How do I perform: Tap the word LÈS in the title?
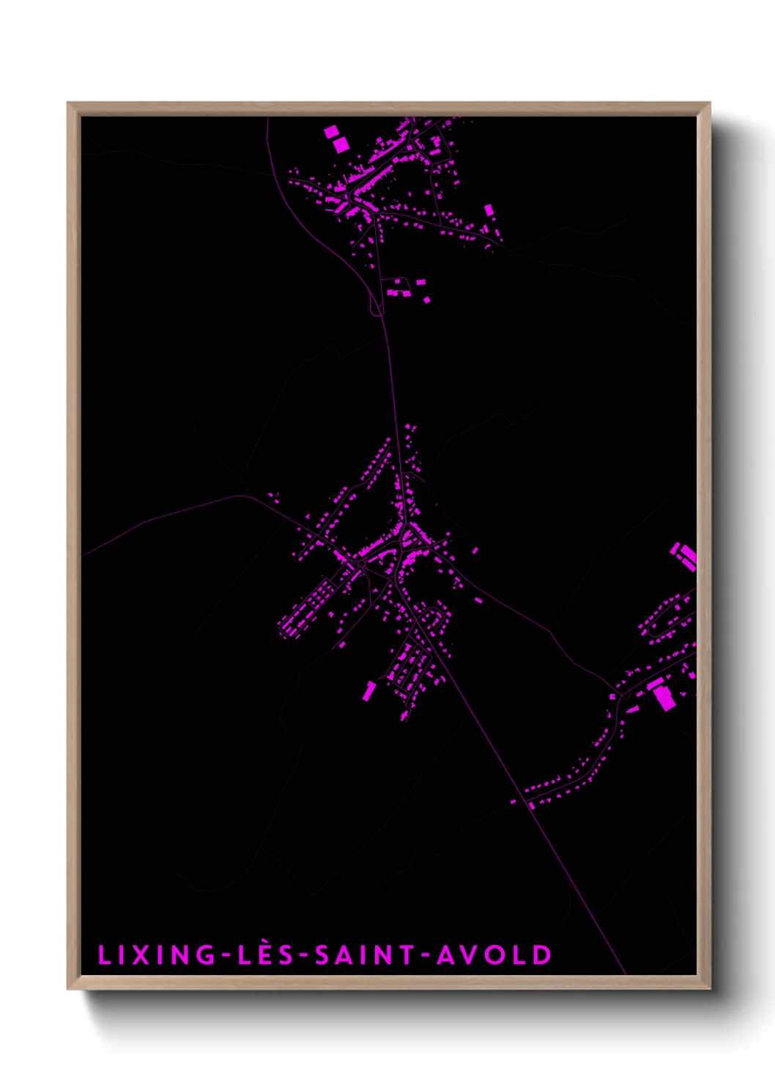[x=265, y=955]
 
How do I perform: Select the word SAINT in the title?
[x=364, y=955]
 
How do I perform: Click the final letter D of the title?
[x=542, y=955]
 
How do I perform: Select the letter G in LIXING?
[x=207, y=955]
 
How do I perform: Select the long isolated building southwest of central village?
[x=369, y=691]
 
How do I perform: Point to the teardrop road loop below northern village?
[x=377, y=304]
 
